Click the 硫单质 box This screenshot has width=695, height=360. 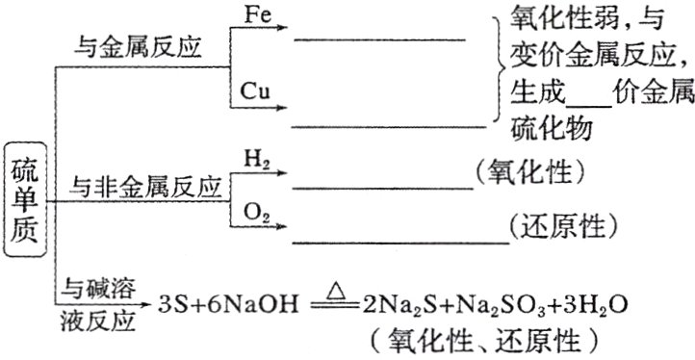coord(26,199)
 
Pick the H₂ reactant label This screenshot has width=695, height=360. coord(257,158)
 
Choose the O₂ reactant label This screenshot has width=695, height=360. coord(257,211)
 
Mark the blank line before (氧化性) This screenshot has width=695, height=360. coord(381,188)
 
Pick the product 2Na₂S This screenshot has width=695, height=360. coord(403,308)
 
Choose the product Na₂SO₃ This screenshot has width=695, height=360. coord(502,308)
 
